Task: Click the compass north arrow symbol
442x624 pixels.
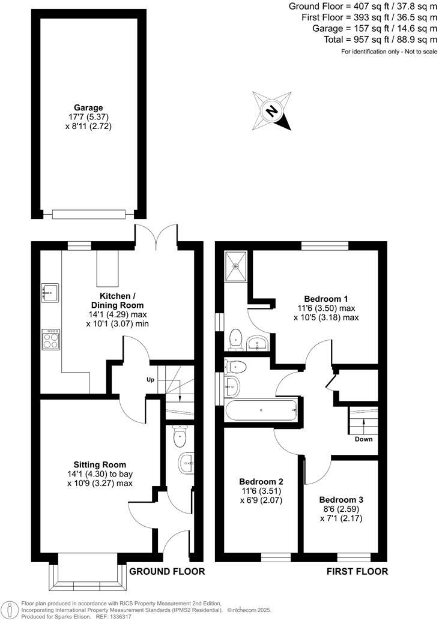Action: pos(273,111)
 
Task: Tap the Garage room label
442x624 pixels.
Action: pos(88,108)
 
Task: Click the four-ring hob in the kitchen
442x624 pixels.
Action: pos(50,339)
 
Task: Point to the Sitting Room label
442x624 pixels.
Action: pos(100,464)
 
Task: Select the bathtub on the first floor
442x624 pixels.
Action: pos(261,412)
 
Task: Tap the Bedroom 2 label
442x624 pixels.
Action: pos(261,481)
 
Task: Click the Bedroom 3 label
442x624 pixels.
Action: pos(341,499)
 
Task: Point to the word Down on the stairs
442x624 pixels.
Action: pos(363,439)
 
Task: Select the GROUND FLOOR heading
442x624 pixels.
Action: pos(168,571)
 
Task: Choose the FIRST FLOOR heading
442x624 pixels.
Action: pos(357,571)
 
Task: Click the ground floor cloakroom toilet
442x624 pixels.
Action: pos(179,437)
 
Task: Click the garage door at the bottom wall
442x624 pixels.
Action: pos(88,213)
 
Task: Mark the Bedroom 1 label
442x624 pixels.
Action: pos(326,299)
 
